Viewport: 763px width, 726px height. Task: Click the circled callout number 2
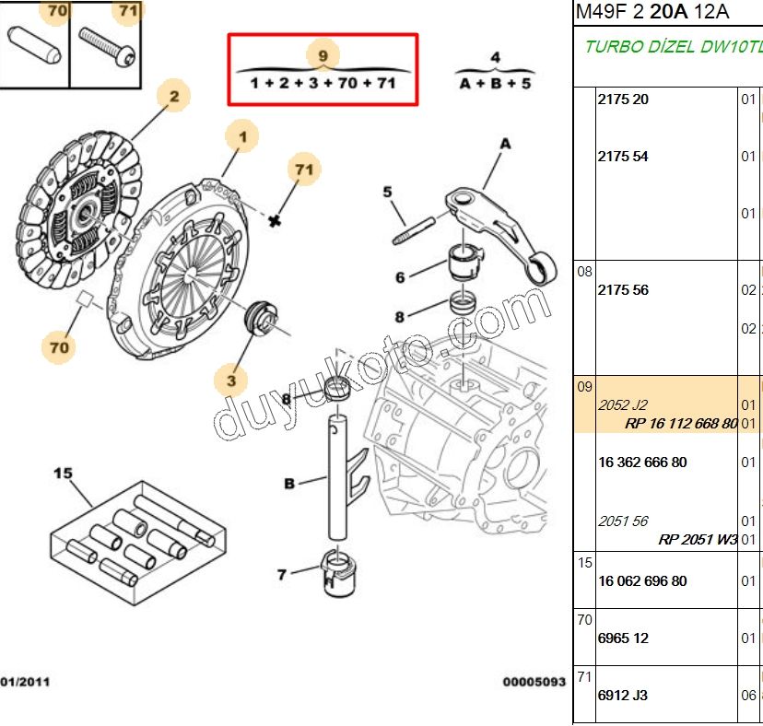(173, 96)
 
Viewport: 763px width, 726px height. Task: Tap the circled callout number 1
(242, 138)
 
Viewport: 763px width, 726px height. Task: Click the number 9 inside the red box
(323, 56)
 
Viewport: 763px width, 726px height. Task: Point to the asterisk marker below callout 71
(274, 220)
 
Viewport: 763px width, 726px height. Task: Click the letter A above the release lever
(504, 144)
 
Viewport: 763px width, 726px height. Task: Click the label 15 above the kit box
(62, 474)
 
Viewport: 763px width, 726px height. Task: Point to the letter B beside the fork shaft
(289, 484)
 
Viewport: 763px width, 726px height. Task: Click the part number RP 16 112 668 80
(681, 424)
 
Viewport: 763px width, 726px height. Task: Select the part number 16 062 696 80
(642, 581)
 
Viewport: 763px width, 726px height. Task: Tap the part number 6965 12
(623, 638)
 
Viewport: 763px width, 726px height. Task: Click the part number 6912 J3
(623, 695)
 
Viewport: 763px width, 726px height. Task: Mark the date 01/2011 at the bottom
(25, 682)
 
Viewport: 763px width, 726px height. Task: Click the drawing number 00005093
(534, 682)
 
